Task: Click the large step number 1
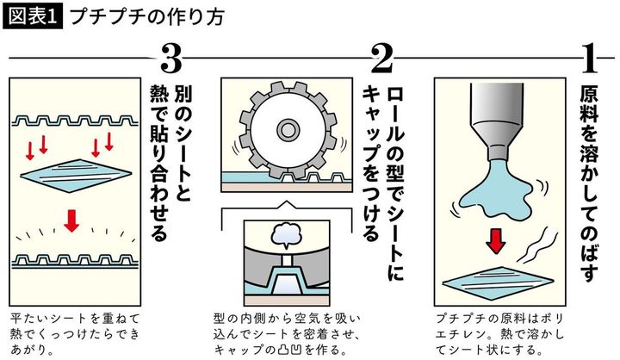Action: coord(590,59)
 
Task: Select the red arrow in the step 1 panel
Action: coord(494,245)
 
